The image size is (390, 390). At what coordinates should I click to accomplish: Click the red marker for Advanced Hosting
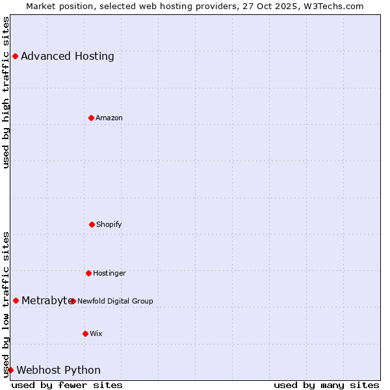[x=15, y=56]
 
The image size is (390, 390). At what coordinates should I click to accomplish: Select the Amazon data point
[x=91, y=118]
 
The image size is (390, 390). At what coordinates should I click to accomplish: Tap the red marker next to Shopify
[x=92, y=224]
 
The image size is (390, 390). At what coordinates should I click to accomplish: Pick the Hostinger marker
[x=88, y=273]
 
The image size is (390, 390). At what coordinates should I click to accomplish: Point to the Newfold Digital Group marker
[x=73, y=301]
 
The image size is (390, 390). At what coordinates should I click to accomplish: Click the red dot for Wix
[x=85, y=333]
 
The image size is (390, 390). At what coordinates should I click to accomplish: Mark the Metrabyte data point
[x=16, y=300]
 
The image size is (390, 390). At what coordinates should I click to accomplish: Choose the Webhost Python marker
[x=10, y=370]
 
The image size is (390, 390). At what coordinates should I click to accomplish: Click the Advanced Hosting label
[x=68, y=56]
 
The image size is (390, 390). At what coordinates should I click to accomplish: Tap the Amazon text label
[x=109, y=118]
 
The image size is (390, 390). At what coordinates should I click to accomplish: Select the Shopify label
[x=109, y=224]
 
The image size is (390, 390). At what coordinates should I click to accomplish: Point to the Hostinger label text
[x=109, y=273]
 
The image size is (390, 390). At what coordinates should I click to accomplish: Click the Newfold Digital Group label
[x=115, y=301]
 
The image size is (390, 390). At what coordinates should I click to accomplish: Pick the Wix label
[x=96, y=333]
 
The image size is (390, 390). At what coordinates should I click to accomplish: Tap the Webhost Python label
[x=58, y=370]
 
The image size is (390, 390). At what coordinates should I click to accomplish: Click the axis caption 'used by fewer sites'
[x=67, y=385]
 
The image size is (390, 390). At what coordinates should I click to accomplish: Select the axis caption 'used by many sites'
[x=326, y=385]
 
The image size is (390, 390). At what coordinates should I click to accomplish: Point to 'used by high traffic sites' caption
[x=6, y=92]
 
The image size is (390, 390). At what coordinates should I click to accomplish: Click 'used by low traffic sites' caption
[x=6, y=304]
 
